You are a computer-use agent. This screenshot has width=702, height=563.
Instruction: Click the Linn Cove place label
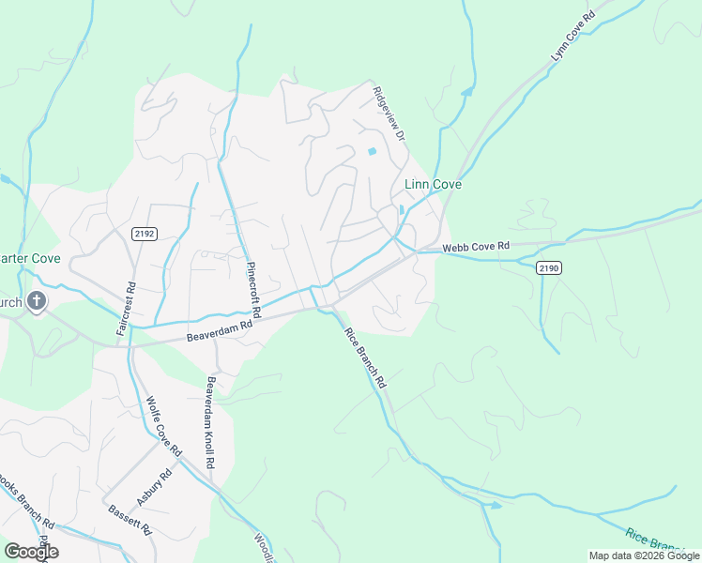pyautogui.click(x=433, y=185)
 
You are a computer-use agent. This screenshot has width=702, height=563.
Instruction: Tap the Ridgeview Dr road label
pyautogui.click(x=388, y=114)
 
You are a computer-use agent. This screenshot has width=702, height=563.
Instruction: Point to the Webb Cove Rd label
pyautogui.click(x=476, y=247)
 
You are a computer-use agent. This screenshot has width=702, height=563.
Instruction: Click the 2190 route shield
pyautogui.click(x=549, y=268)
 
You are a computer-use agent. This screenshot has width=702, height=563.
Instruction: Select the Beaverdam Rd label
pyautogui.click(x=221, y=330)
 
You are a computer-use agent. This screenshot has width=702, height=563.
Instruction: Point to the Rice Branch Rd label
pyautogui.click(x=365, y=358)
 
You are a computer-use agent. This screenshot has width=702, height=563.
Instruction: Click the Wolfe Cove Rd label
pyautogui.click(x=163, y=427)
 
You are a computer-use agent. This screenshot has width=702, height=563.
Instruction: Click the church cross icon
pyautogui.click(x=37, y=301)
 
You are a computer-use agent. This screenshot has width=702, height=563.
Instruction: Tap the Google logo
pyautogui.click(x=31, y=551)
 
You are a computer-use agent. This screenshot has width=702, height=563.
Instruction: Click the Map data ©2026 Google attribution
pyautogui.click(x=643, y=555)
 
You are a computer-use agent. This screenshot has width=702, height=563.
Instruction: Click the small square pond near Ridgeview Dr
pyautogui.click(x=372, y=151)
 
